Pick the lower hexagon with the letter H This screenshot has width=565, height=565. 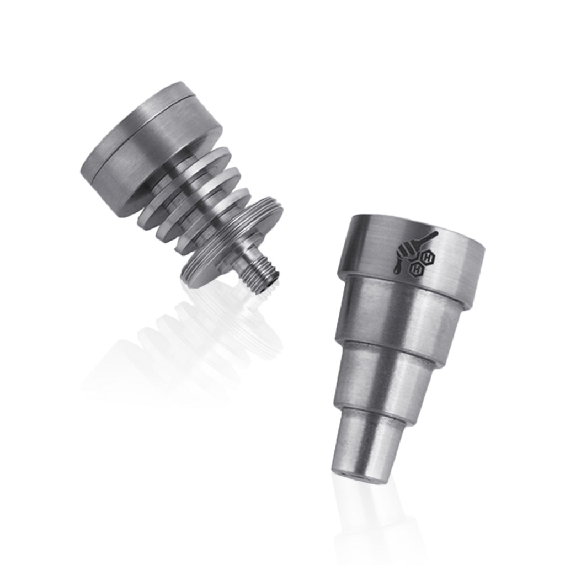(x=418, y=269)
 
